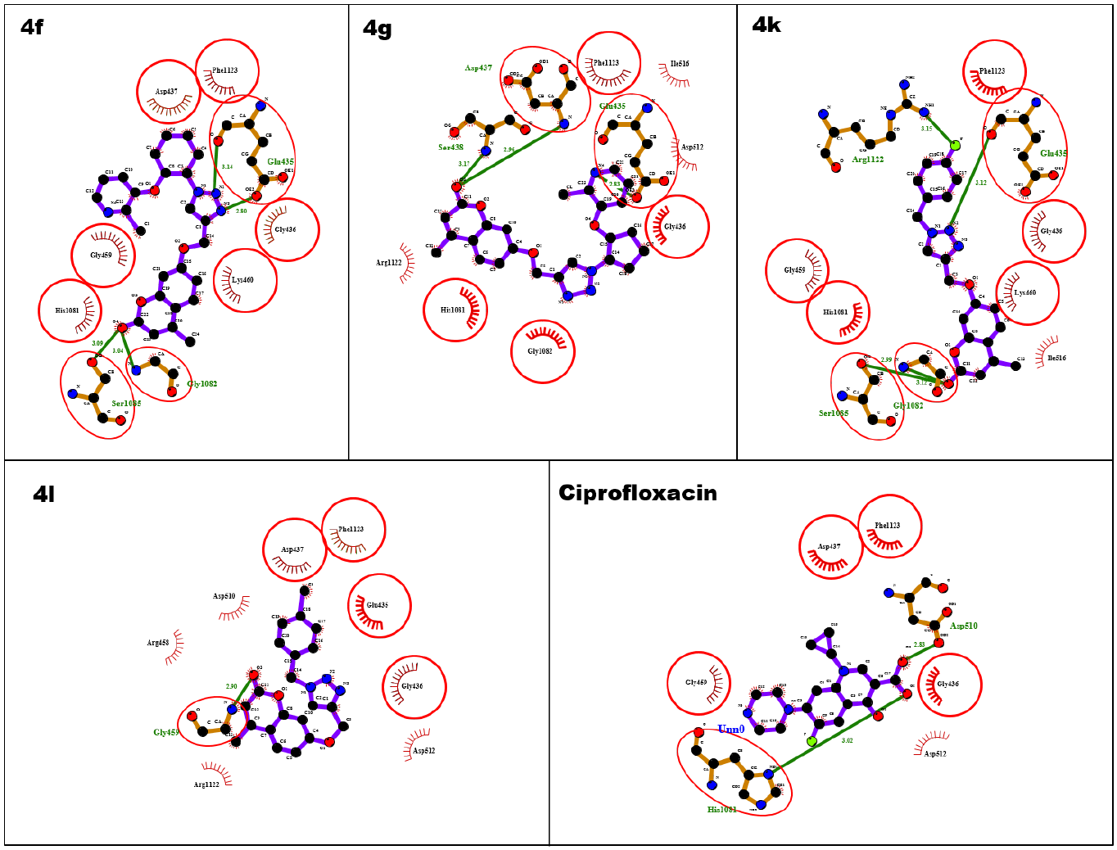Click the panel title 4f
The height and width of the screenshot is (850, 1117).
click(32, 28)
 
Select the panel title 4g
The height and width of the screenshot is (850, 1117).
click(378, 29)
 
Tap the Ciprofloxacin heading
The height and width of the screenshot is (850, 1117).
click(637, 493)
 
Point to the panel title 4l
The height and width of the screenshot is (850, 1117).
click(44, 495)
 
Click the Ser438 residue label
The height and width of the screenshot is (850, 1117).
click(450, 147)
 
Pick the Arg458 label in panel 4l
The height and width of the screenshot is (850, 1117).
click(158, 643)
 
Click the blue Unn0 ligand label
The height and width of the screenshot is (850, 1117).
click(730, 729)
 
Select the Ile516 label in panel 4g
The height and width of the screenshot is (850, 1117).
click(679, 64)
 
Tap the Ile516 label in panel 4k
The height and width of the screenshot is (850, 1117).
click(1056, 358)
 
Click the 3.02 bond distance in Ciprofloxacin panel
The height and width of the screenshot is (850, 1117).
click(847, 740)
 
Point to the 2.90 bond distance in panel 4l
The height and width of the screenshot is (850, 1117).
click(232, 686)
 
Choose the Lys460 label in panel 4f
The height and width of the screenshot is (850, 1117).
click(242, 280)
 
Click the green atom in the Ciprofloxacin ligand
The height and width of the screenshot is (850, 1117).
click(812, 741)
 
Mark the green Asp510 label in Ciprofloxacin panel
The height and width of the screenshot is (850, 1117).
click(963, 626)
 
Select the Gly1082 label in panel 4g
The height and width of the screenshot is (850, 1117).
click(540, 351)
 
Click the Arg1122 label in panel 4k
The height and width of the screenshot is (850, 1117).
click(867, 160)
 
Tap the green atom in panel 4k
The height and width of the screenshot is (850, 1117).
click(955, 145)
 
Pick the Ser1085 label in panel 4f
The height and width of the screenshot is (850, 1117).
click(126, 404)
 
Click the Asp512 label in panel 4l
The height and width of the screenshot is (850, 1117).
click(423, 750)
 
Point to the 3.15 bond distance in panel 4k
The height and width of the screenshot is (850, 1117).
click(926, 129)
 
